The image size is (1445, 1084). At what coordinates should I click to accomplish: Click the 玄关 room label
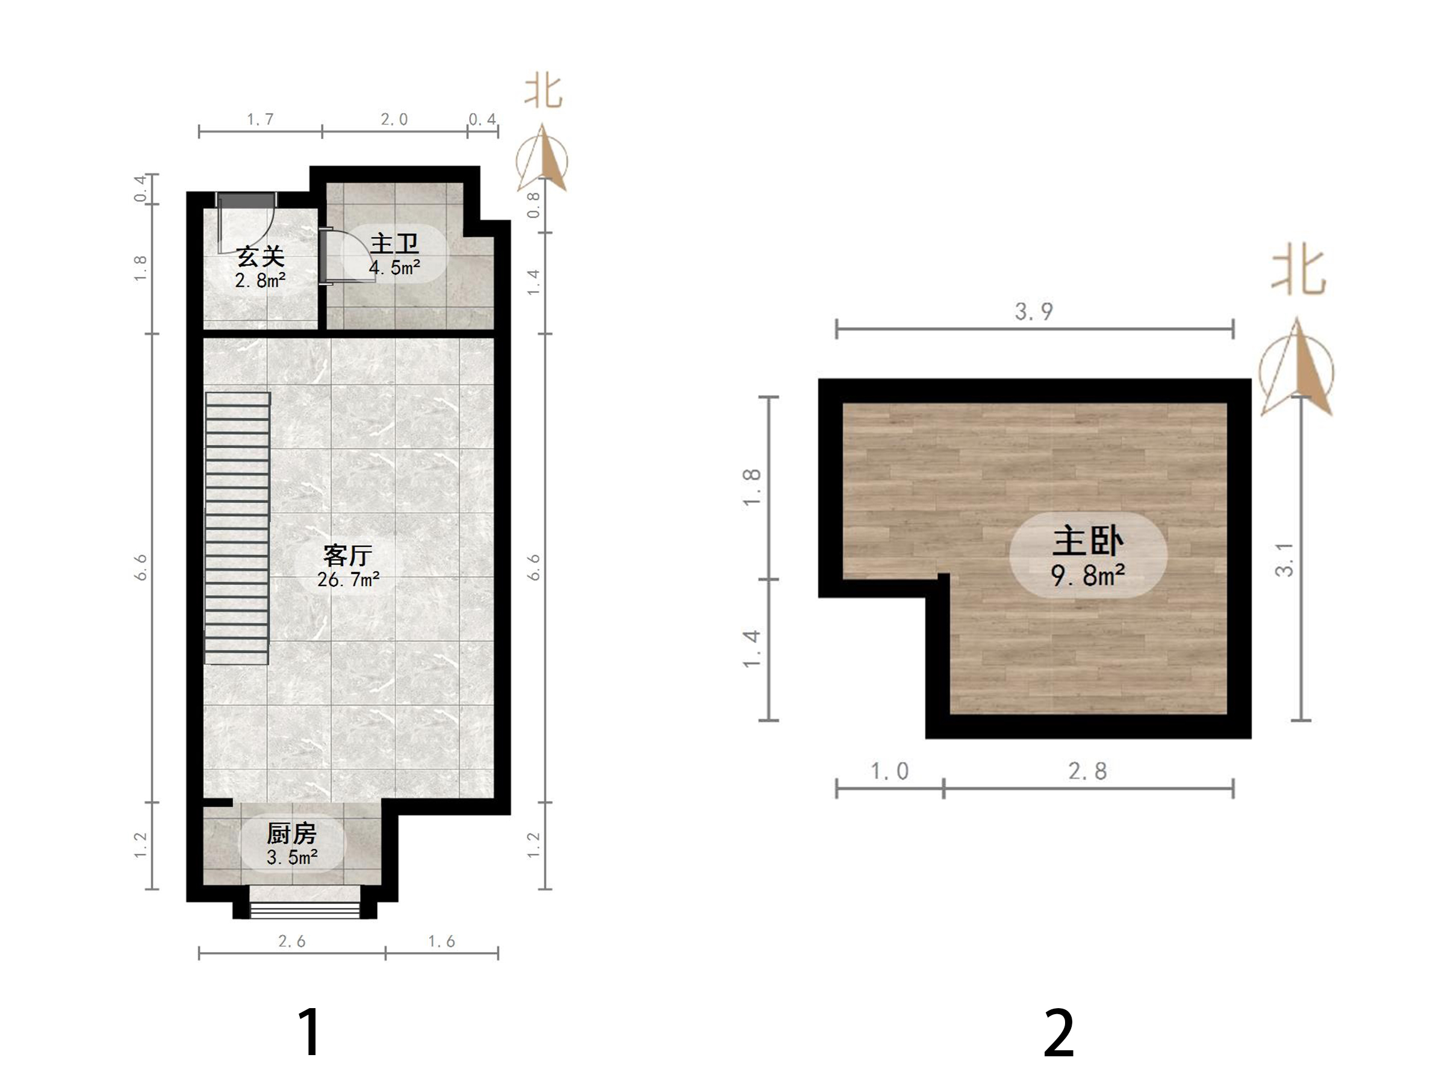(x=261, y=256)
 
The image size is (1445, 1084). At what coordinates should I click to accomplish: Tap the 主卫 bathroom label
(x=394, y=243)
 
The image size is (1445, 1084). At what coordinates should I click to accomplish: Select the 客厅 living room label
(x=348, y=555)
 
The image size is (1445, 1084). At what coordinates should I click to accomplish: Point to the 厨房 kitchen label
(x=291, y=833)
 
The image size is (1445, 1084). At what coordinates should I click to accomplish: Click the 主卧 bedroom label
(x=1089, y=541)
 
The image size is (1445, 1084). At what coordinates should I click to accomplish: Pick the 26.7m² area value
(x=348, y=579)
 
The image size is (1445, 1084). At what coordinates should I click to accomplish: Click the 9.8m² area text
(x=1089, y=576)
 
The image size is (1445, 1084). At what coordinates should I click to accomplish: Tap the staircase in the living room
(x=238, y=528)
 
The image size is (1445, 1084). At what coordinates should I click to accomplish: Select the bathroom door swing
(x=346, y=255)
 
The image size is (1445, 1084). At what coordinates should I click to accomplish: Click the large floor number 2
(x=1059, y=1032)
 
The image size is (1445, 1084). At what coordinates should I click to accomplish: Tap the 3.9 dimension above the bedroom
(x=1034, y=312)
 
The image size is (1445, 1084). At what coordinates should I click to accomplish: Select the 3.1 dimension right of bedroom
(x=1284, y=560)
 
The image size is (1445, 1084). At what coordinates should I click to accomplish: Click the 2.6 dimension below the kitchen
(x=292, y=941)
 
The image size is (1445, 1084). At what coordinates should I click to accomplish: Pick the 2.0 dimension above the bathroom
(x=394, y=120)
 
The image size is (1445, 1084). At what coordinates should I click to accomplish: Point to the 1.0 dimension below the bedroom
(x=890, y=771)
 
